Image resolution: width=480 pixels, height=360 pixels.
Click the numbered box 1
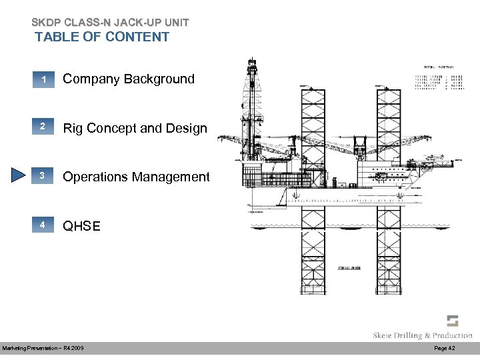tap(42, 80)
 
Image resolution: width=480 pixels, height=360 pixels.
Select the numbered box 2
tap(42, 127)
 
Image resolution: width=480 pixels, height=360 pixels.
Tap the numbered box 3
tap(42, 177)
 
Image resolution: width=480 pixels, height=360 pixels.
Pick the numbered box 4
tap(42, 226)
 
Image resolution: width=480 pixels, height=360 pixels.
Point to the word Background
tap(161, 79)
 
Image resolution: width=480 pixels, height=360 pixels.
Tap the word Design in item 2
tap(187, 127)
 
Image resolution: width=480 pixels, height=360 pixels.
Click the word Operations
tap(95, 177)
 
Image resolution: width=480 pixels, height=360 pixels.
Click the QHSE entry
tap(81, 226)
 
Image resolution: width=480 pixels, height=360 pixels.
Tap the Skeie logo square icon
tap(453, 321)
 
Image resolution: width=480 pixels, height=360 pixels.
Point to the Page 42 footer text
tap(445, 349)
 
